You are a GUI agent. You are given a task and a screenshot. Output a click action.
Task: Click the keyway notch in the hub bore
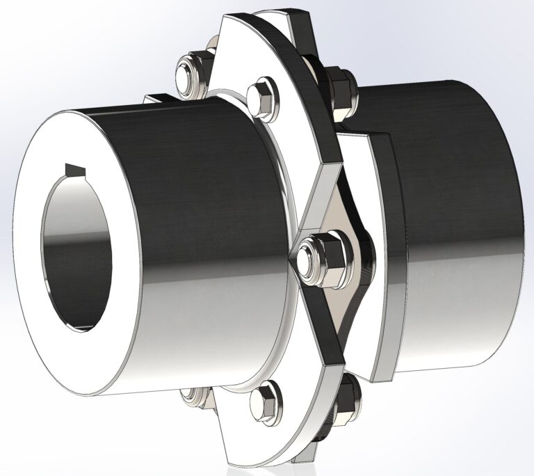point(77,169)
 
